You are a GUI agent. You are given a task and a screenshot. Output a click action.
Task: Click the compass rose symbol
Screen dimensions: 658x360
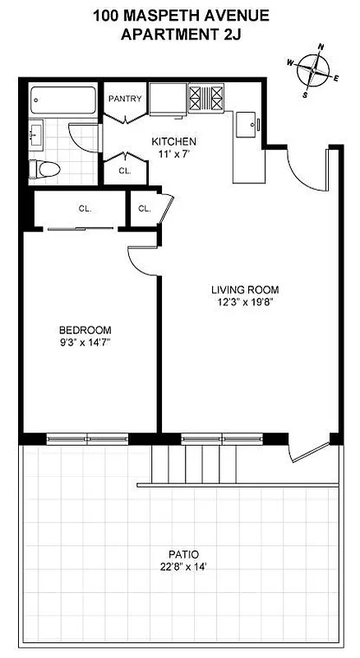click(313, 70)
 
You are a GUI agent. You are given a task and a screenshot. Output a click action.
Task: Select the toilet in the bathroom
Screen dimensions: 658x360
click(46, 169)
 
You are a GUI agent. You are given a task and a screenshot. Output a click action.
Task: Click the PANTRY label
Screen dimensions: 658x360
click(125, 100)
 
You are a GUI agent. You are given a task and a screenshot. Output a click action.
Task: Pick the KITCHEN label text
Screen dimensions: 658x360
click(173, 141)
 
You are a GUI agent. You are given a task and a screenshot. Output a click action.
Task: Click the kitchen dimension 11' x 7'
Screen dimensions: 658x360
click(173, 154)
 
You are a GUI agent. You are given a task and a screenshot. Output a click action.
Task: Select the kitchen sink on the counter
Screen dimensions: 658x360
click(246, 128)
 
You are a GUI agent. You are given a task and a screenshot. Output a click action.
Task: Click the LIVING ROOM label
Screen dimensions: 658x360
click(245, 290)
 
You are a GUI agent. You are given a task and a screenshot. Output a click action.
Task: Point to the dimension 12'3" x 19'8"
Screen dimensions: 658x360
click(245, 302)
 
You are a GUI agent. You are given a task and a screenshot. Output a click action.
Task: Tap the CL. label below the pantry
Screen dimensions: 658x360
click(125, 171)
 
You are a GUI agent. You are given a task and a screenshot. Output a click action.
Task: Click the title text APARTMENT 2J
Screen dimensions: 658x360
click(180, 34)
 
